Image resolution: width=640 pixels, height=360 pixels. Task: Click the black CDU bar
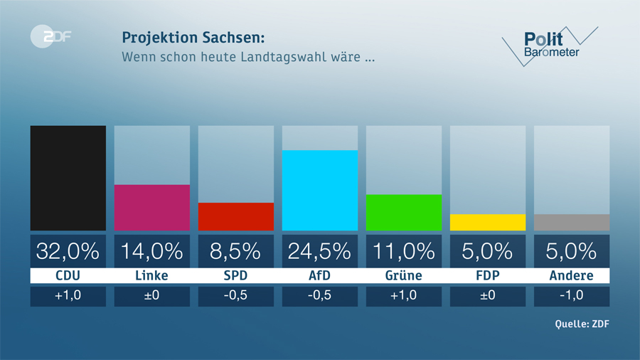(x=68, y=178)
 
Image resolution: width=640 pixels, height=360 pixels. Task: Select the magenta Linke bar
(x=151, y=207)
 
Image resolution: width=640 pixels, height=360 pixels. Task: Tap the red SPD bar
(x=235, y=216)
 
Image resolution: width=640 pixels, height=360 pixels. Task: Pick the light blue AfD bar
(x=319, y=190)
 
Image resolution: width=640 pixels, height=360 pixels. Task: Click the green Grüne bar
(x=403, y=212)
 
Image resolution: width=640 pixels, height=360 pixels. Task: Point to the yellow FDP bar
(x=487, y=222)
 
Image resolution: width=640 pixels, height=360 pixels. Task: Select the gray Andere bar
(x=571, y=222)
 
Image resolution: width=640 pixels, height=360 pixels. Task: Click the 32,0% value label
(x=68, y=250)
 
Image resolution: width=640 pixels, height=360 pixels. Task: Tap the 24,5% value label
(x=319, y=250)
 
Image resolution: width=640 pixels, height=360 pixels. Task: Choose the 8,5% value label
(x=235, y=250)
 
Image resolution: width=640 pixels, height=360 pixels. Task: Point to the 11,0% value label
(x=403, y=250)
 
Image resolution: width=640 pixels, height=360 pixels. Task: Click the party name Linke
(x=151, y=275)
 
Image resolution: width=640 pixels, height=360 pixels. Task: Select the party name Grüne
(x=403, y=275)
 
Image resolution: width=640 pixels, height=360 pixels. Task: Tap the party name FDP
(x=487, y=275)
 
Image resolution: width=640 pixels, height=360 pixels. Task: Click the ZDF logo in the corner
(x=50, y=38)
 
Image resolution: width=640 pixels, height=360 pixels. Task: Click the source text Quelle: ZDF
(x=582, y=324)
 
